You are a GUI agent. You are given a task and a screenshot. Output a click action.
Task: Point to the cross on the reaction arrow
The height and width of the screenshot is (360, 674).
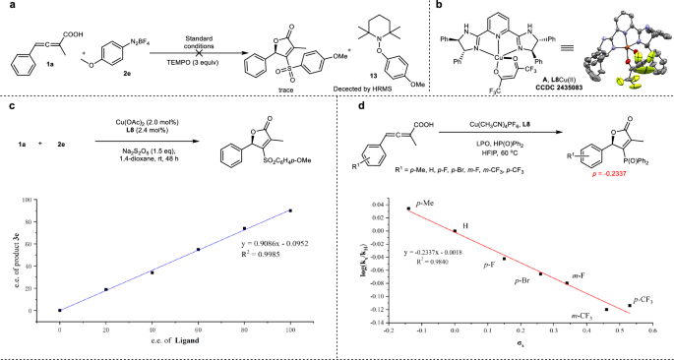(200, 51)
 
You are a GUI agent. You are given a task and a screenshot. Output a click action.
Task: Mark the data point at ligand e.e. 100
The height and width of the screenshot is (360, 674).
(290, 210)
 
